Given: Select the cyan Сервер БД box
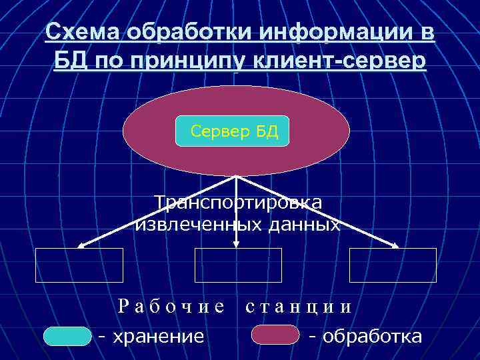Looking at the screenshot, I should pyautogui.click(x=232, y=131).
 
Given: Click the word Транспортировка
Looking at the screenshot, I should pyautogui.click(x=237, y=203).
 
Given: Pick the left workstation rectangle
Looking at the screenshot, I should pyautogui.click(x=79, y=265).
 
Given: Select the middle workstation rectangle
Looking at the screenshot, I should pyautogui.click(x=238, y=265).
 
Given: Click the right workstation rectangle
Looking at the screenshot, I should pyautogui.click(x=393, y=265).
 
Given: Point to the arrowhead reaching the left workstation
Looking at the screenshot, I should pyautogui.click(x=81, y=245).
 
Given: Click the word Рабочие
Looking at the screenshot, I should pyautogui.click(x=171, y=307).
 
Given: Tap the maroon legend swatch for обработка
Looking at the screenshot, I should pyautogui.click(x=275, y=335).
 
